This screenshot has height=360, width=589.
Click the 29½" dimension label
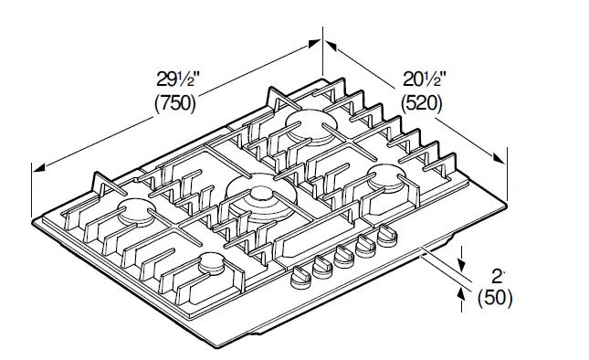pyautogui.click(x=178, y=79)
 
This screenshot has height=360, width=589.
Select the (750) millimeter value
pyautogui.click(x=175, y=103)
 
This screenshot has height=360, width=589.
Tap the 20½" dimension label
pyautogui.click(x=425, y=79)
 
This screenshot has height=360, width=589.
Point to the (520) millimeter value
pyautogui.click(x=422, y=103)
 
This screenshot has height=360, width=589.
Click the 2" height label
pyautogui.click(x=498, y=277)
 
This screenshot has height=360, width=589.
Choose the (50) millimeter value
pyautogui.click(x=495, y=298)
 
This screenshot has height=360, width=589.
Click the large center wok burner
pyautogui.click(x=261, y=199)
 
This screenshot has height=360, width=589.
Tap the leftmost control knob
pyautogui.click(x=300, y=278)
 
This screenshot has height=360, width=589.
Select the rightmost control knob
pyautogui.click(x=387, y=235)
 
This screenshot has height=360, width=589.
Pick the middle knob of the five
pyautogui.click(x=344, y=256)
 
